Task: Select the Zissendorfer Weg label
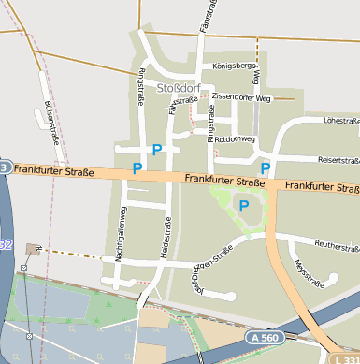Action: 240,96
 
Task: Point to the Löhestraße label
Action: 340,120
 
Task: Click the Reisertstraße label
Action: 338,160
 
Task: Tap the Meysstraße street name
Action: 303,270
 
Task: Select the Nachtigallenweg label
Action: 120,233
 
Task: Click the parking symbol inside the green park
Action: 244,205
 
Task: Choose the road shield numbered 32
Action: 5,244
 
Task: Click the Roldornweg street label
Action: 235,138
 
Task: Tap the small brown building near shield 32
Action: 34,249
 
